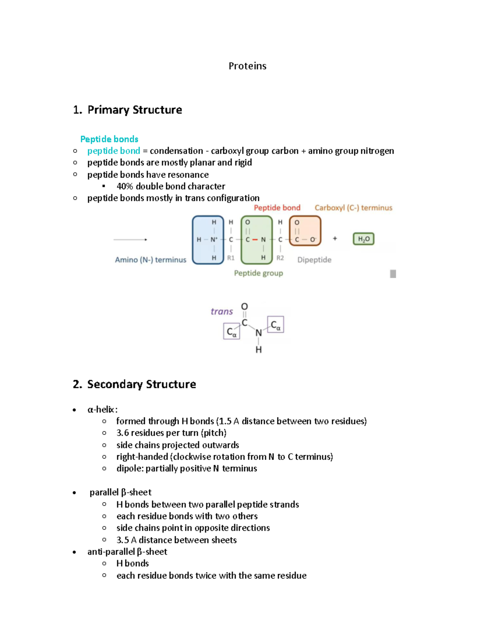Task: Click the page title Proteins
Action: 247,66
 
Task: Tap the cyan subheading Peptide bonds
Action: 109,139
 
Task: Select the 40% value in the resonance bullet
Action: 125,187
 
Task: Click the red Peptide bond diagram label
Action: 277,208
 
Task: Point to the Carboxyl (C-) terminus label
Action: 353,208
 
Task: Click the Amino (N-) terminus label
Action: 151,260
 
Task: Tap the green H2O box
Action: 363,239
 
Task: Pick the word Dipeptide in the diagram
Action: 314,260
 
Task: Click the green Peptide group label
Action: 258,273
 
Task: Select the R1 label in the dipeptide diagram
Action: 231,258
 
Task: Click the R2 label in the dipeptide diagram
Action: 280,258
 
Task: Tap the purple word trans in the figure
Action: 222,311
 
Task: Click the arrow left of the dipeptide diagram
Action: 130,239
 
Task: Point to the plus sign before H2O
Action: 335,239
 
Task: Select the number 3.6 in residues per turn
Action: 123,433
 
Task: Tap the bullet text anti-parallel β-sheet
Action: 127,552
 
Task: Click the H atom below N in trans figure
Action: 259,350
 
